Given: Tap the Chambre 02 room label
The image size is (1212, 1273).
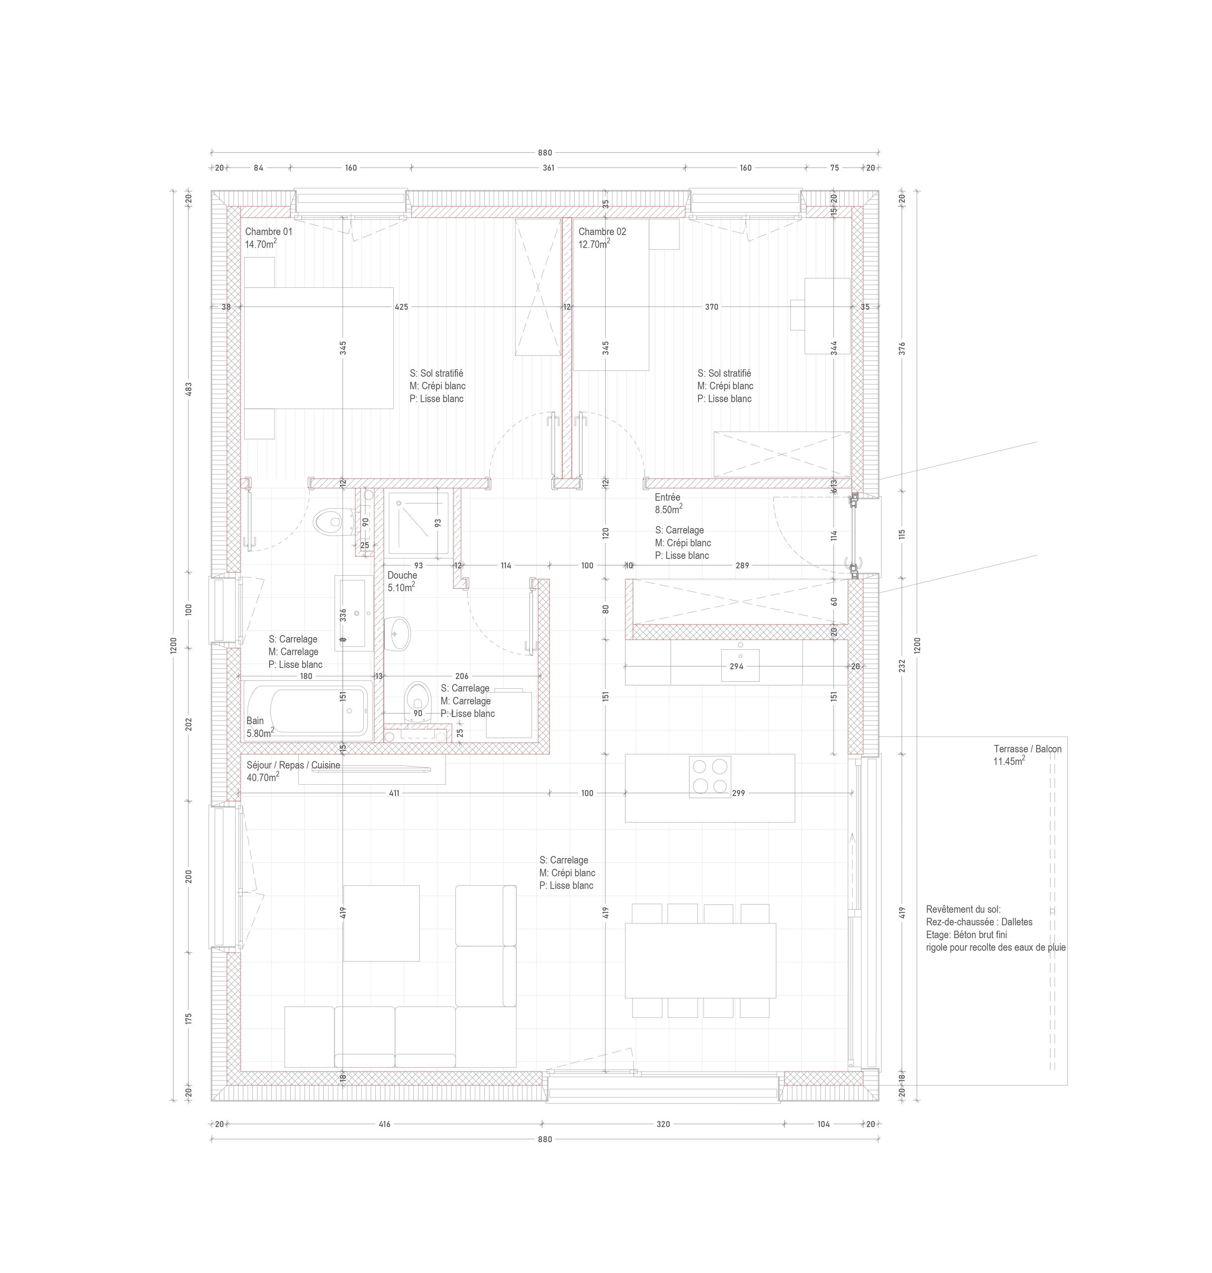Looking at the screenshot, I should [x=602, y=231].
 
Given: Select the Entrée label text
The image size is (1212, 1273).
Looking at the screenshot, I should [x=667, y=498].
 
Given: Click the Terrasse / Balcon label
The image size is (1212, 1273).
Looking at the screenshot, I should [x=1027, y=749].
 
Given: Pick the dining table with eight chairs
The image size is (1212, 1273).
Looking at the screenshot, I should [x=699, y=960].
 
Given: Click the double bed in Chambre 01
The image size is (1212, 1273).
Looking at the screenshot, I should [x=319, y=348].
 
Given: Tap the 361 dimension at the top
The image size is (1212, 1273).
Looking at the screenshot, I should [x=548, y=168].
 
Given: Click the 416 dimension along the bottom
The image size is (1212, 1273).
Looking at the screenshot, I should [x=384, y=1124].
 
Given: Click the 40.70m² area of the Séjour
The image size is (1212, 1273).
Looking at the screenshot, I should [x=262, y=778].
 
